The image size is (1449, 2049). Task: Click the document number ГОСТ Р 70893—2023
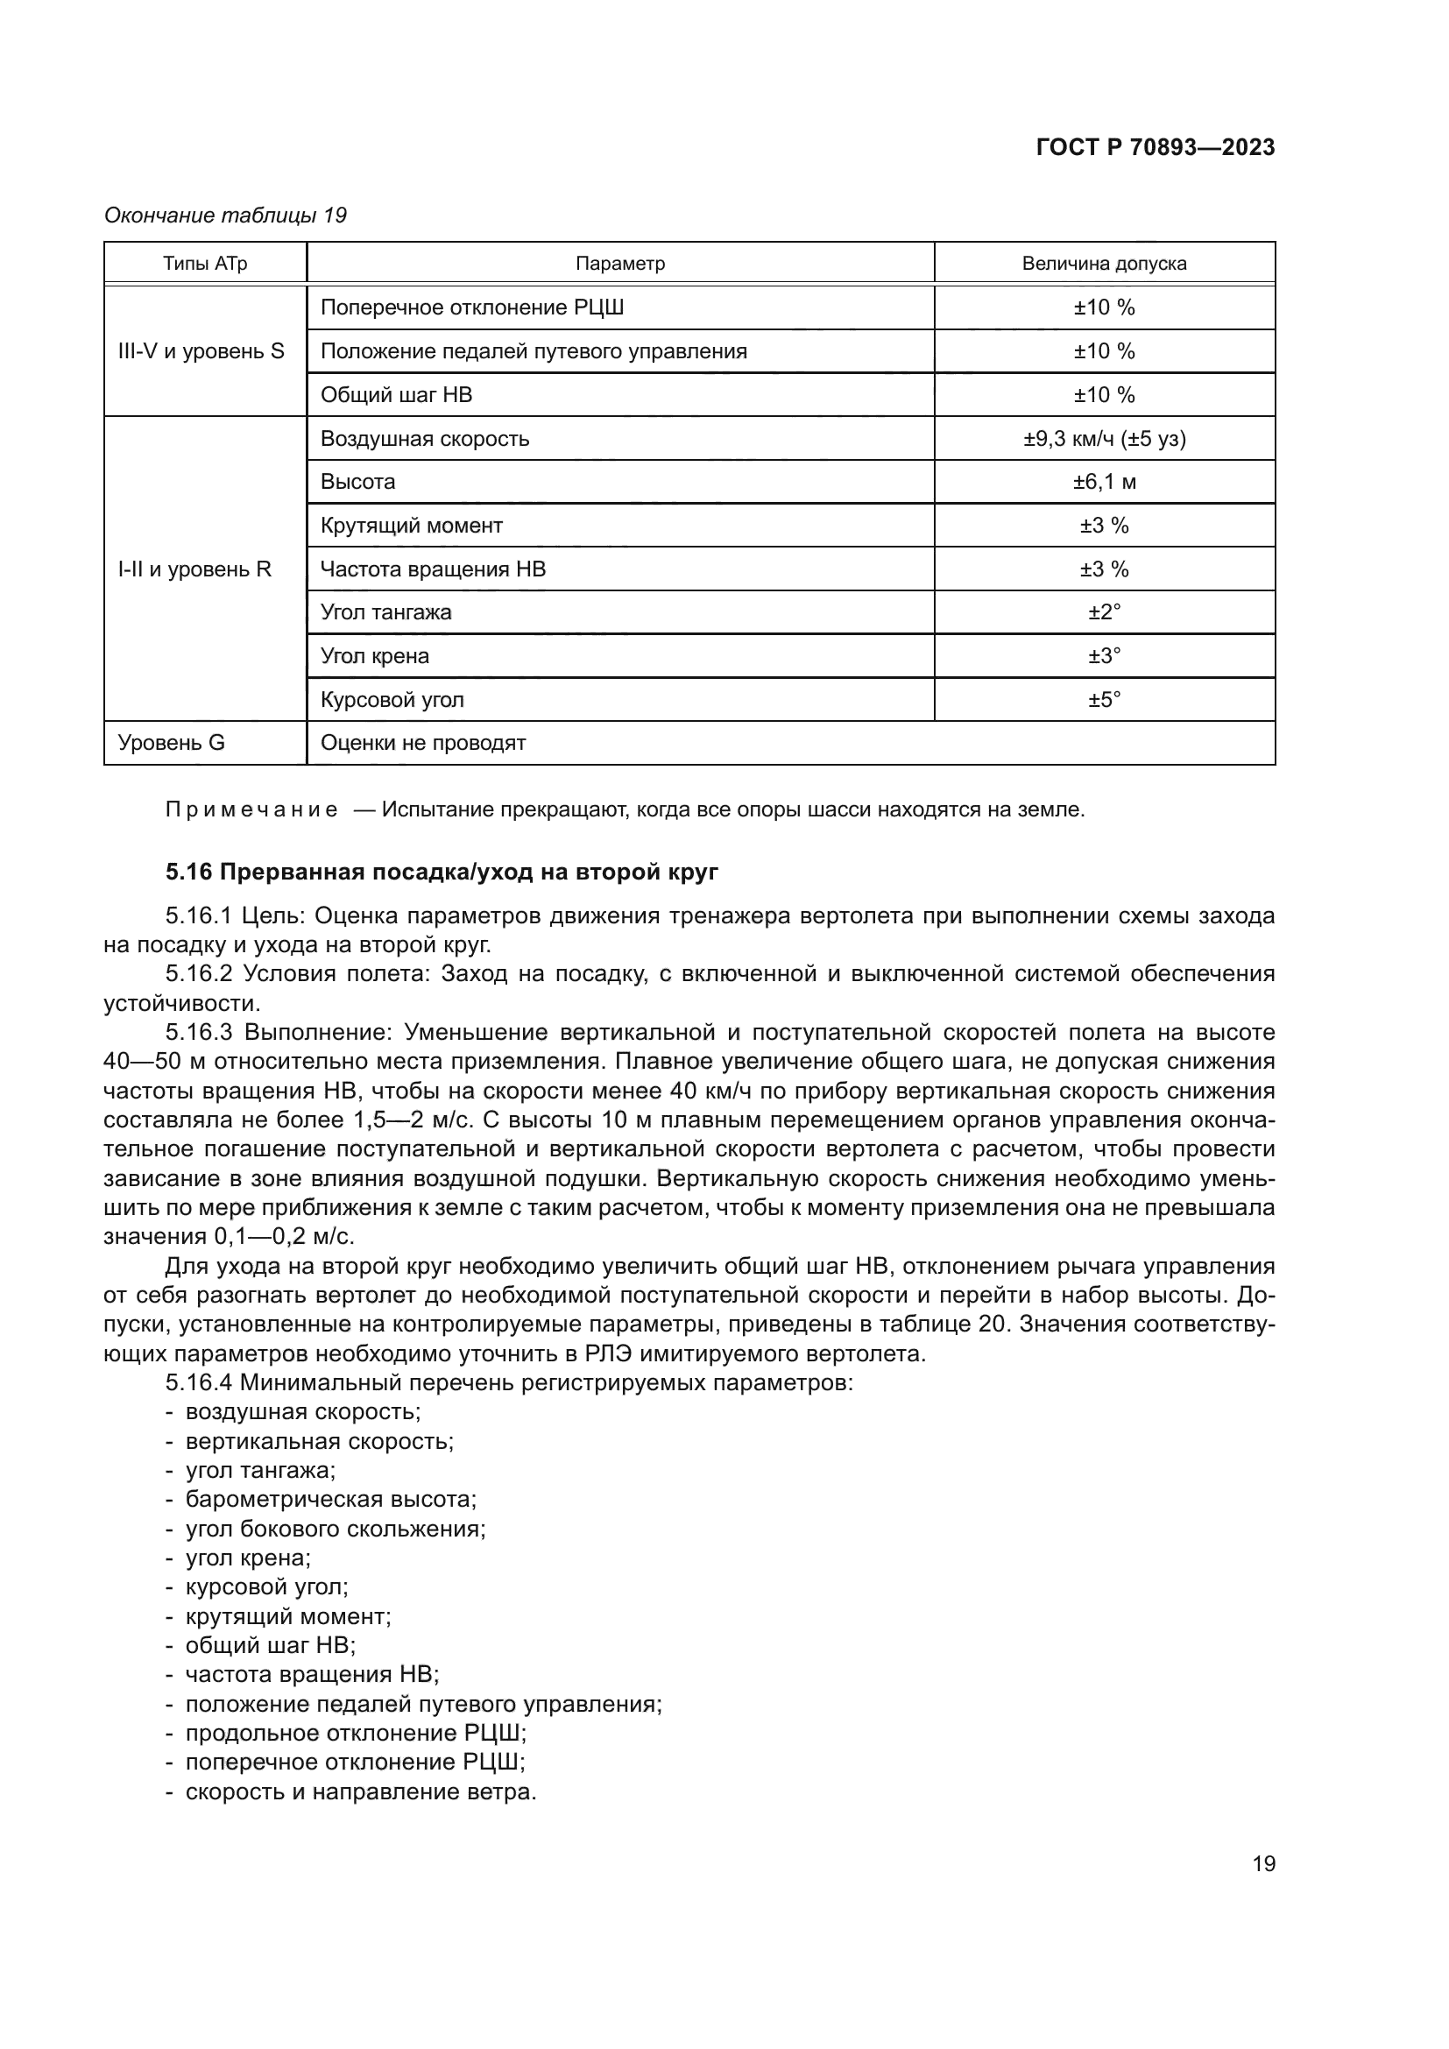1155,147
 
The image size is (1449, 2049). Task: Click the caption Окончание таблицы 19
225,215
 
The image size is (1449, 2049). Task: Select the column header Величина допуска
1104,264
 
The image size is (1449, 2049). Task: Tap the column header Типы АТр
204,264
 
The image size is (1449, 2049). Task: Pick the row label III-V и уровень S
201,350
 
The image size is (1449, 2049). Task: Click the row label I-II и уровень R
194,569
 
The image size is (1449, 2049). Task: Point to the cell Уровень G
172,743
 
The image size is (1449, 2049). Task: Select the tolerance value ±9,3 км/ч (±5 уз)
1104,438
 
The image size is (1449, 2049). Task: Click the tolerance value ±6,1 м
1104,482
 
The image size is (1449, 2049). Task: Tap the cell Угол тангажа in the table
385,612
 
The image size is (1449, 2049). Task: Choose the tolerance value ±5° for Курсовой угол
1104,699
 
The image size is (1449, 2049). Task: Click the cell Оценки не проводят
423,743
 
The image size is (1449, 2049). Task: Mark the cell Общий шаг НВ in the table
396,394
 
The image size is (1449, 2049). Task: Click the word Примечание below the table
251,810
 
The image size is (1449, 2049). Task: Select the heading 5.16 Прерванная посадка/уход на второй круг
442,872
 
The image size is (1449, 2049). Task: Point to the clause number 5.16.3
199,1033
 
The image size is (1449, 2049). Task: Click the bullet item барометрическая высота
330,1499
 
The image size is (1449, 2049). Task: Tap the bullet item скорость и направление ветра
360,1791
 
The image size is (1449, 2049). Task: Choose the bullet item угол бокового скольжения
335,1529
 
